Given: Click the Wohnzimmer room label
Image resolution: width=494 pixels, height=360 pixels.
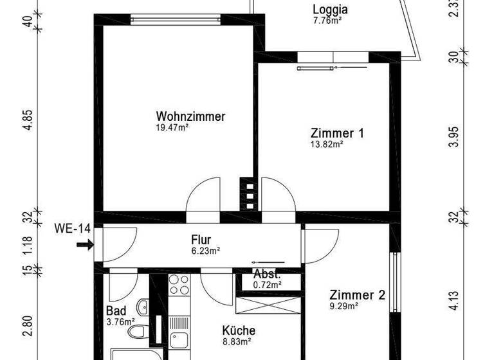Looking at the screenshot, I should [190, 117].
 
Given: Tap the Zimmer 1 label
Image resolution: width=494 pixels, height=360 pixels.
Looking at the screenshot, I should [337, 134].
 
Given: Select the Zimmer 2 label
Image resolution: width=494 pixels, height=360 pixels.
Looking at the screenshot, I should [357, 296].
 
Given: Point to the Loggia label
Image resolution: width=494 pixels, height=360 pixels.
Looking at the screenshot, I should [330, 10].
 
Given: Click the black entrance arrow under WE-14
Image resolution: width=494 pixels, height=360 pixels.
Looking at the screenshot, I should [84, 244].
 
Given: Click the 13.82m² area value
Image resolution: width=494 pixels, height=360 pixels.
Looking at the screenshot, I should [326, 145].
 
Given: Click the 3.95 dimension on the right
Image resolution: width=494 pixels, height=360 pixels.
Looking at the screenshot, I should [454, 137].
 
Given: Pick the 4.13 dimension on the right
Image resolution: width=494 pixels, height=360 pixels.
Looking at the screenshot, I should [454, 301].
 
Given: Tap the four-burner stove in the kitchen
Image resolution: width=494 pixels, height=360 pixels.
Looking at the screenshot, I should [178, 285].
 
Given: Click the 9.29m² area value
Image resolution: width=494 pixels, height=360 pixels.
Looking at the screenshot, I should [345, 307].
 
